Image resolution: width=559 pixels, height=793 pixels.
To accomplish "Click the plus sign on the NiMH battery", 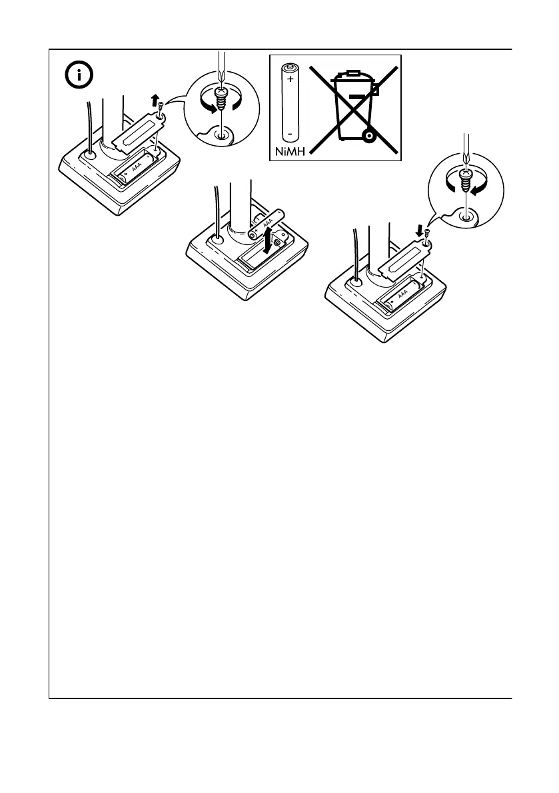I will pyautogui.click(x=290, y=79).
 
